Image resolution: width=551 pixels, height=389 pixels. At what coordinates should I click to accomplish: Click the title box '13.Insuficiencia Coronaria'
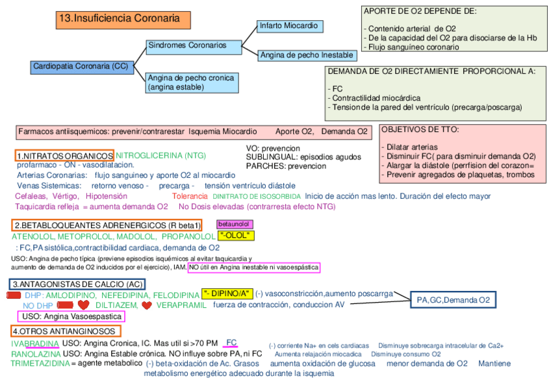[123, 19]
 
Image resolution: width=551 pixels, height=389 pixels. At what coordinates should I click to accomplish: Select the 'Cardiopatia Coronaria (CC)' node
[81, 66]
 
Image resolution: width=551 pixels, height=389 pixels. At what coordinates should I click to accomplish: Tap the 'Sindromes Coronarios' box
[187, 46]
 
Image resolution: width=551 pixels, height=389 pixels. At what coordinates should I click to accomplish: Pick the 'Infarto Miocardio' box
[288, 26]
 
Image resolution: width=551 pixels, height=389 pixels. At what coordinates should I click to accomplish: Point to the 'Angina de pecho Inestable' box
[307, 55]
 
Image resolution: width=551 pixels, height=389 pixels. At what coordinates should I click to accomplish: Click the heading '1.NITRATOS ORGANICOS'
[64, 156]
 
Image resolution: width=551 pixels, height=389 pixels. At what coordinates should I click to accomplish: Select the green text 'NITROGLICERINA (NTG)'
[160, 156]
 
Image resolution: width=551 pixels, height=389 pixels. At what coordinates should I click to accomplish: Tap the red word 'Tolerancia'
[190, 196]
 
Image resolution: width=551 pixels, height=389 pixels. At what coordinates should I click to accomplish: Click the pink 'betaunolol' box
[233, 224]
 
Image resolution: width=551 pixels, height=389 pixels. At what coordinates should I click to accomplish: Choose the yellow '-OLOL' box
[237, 236]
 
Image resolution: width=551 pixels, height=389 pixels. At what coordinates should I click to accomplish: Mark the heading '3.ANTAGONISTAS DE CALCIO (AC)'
[77, 284]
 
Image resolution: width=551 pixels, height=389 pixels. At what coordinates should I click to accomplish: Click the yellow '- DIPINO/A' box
[227, 294]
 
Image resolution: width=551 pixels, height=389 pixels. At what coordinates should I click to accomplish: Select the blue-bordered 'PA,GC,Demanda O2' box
[453, 300]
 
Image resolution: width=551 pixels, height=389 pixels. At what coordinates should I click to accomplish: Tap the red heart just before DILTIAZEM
[83, 305]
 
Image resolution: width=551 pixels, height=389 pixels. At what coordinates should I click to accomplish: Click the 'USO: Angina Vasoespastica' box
[71, 316]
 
